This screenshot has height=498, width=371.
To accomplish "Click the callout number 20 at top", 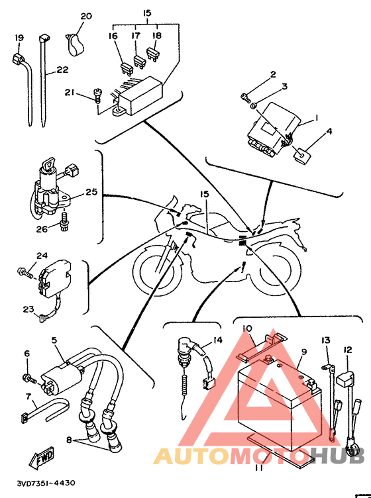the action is [x=86, y=16].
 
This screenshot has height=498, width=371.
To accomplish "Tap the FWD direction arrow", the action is [x=42, y=458].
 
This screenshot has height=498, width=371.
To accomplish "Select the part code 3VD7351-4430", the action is [x=46, y=483].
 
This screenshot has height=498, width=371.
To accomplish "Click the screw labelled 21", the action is [x=97, y=95].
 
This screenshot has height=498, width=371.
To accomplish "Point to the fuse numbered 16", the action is [x=127, y=69].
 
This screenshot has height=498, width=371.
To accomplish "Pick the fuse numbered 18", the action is [x=152, y=54].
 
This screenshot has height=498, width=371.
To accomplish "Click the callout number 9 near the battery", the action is [x=304, y=352].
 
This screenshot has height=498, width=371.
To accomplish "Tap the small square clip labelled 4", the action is [x=301, y=155].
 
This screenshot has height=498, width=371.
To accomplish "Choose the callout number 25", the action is [x=91, y=192].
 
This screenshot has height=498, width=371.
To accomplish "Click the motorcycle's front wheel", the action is [x=157, y=270].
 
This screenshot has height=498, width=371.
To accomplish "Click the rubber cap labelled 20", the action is [x=75, y=45].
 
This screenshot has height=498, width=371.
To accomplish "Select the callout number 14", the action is [x=218, y=340].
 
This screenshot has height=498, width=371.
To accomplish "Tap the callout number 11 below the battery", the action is [x=259, y=468].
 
